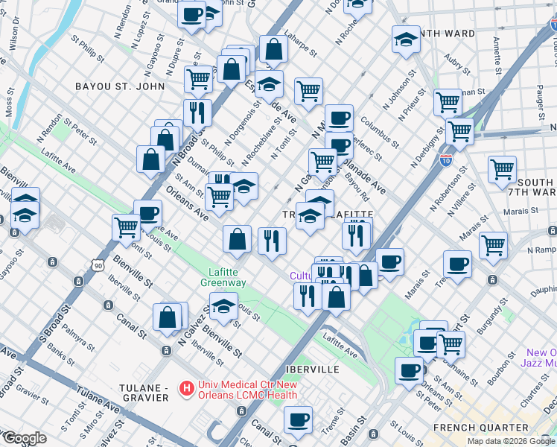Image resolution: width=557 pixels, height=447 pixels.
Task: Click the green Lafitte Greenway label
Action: point(223,278)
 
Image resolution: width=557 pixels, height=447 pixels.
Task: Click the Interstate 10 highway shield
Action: point(445,159)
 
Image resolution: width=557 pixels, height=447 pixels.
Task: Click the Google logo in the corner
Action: point(24,438)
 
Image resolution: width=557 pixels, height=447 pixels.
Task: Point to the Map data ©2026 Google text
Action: point(511,441)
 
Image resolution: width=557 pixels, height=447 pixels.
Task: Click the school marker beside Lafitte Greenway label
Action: point(223,305)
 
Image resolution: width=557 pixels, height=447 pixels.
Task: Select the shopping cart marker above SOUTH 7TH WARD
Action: point(503,168)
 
